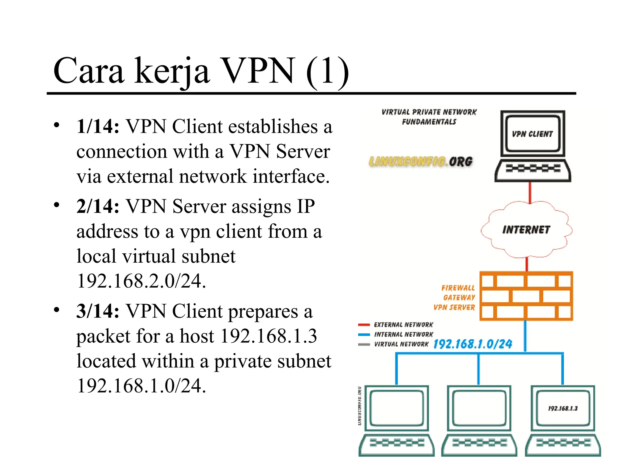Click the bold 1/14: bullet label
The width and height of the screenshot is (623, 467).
coord(98,126)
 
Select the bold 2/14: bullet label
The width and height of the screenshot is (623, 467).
coord(98,206)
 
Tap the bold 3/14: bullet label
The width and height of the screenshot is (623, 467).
coord(98,311)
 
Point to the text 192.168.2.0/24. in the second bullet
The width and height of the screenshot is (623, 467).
coord(141,281)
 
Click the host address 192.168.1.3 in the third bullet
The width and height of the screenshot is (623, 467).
coord(268,336)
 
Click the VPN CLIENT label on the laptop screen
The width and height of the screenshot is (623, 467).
coord(532,134)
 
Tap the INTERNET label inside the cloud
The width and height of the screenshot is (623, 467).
coord(526,230)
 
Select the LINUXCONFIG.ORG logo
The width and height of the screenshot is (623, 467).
coord(421,161)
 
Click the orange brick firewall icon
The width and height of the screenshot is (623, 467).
coord(526,296)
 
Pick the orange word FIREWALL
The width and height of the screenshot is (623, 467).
coord(458,288)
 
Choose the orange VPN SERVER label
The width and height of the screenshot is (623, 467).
coord(454,307)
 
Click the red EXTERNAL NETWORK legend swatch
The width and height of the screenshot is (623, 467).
coord(364,325)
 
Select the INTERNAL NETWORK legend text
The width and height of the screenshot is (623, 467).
coord(403,334)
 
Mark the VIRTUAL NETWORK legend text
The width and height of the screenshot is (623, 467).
coord(401,344)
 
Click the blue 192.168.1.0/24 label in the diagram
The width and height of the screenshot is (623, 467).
coord(472,344)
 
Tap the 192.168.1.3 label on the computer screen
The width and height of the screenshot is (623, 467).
coord(563,408)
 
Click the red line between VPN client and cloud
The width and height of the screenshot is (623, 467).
coord(530,193)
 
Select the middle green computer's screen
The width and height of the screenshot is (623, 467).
coord(479,408)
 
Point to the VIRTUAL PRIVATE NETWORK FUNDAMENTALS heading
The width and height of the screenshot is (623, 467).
coord(429,117)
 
